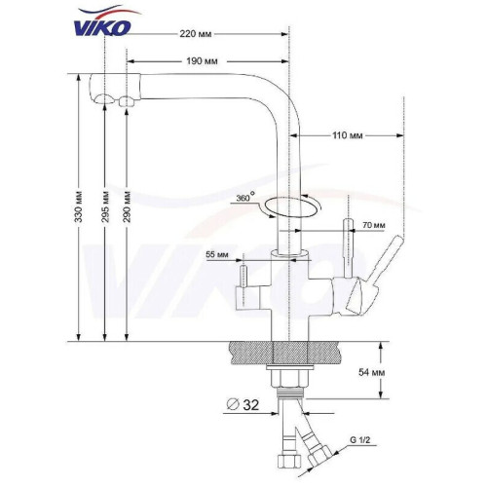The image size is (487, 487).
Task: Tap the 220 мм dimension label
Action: [196, 34]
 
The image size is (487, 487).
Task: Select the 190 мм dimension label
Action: [202, 61]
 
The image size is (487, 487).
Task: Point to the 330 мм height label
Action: [78, 206]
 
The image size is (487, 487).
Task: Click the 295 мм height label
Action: [105, 206]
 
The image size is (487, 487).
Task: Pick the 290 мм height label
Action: [127, 206]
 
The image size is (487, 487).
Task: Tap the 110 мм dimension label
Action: [347, 135]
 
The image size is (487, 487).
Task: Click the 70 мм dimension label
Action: [374, 225]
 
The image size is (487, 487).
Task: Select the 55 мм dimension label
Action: [217, 254]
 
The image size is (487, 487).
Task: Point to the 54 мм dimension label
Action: [371, 372]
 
